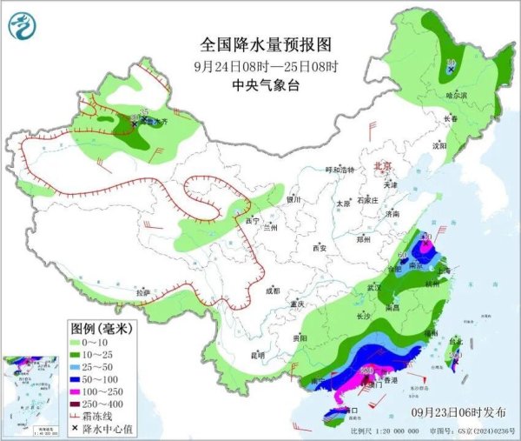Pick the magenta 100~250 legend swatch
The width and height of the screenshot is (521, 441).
81,392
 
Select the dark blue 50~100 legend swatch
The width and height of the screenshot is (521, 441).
81,380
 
